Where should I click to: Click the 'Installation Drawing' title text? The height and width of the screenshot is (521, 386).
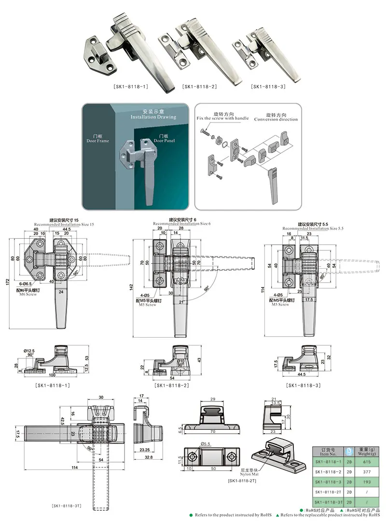[153, 117]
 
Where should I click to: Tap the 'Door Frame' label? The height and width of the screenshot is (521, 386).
[97, 141]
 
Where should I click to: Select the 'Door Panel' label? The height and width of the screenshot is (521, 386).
[165, 140]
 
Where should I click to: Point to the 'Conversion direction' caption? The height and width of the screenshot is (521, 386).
[276, 119]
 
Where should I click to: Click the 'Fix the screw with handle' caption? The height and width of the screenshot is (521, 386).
[222, 118]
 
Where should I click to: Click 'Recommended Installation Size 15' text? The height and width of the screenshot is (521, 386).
[64, 225]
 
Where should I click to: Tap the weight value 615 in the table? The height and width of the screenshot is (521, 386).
[368, 462]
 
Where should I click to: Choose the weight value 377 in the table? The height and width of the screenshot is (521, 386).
[368, 472]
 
